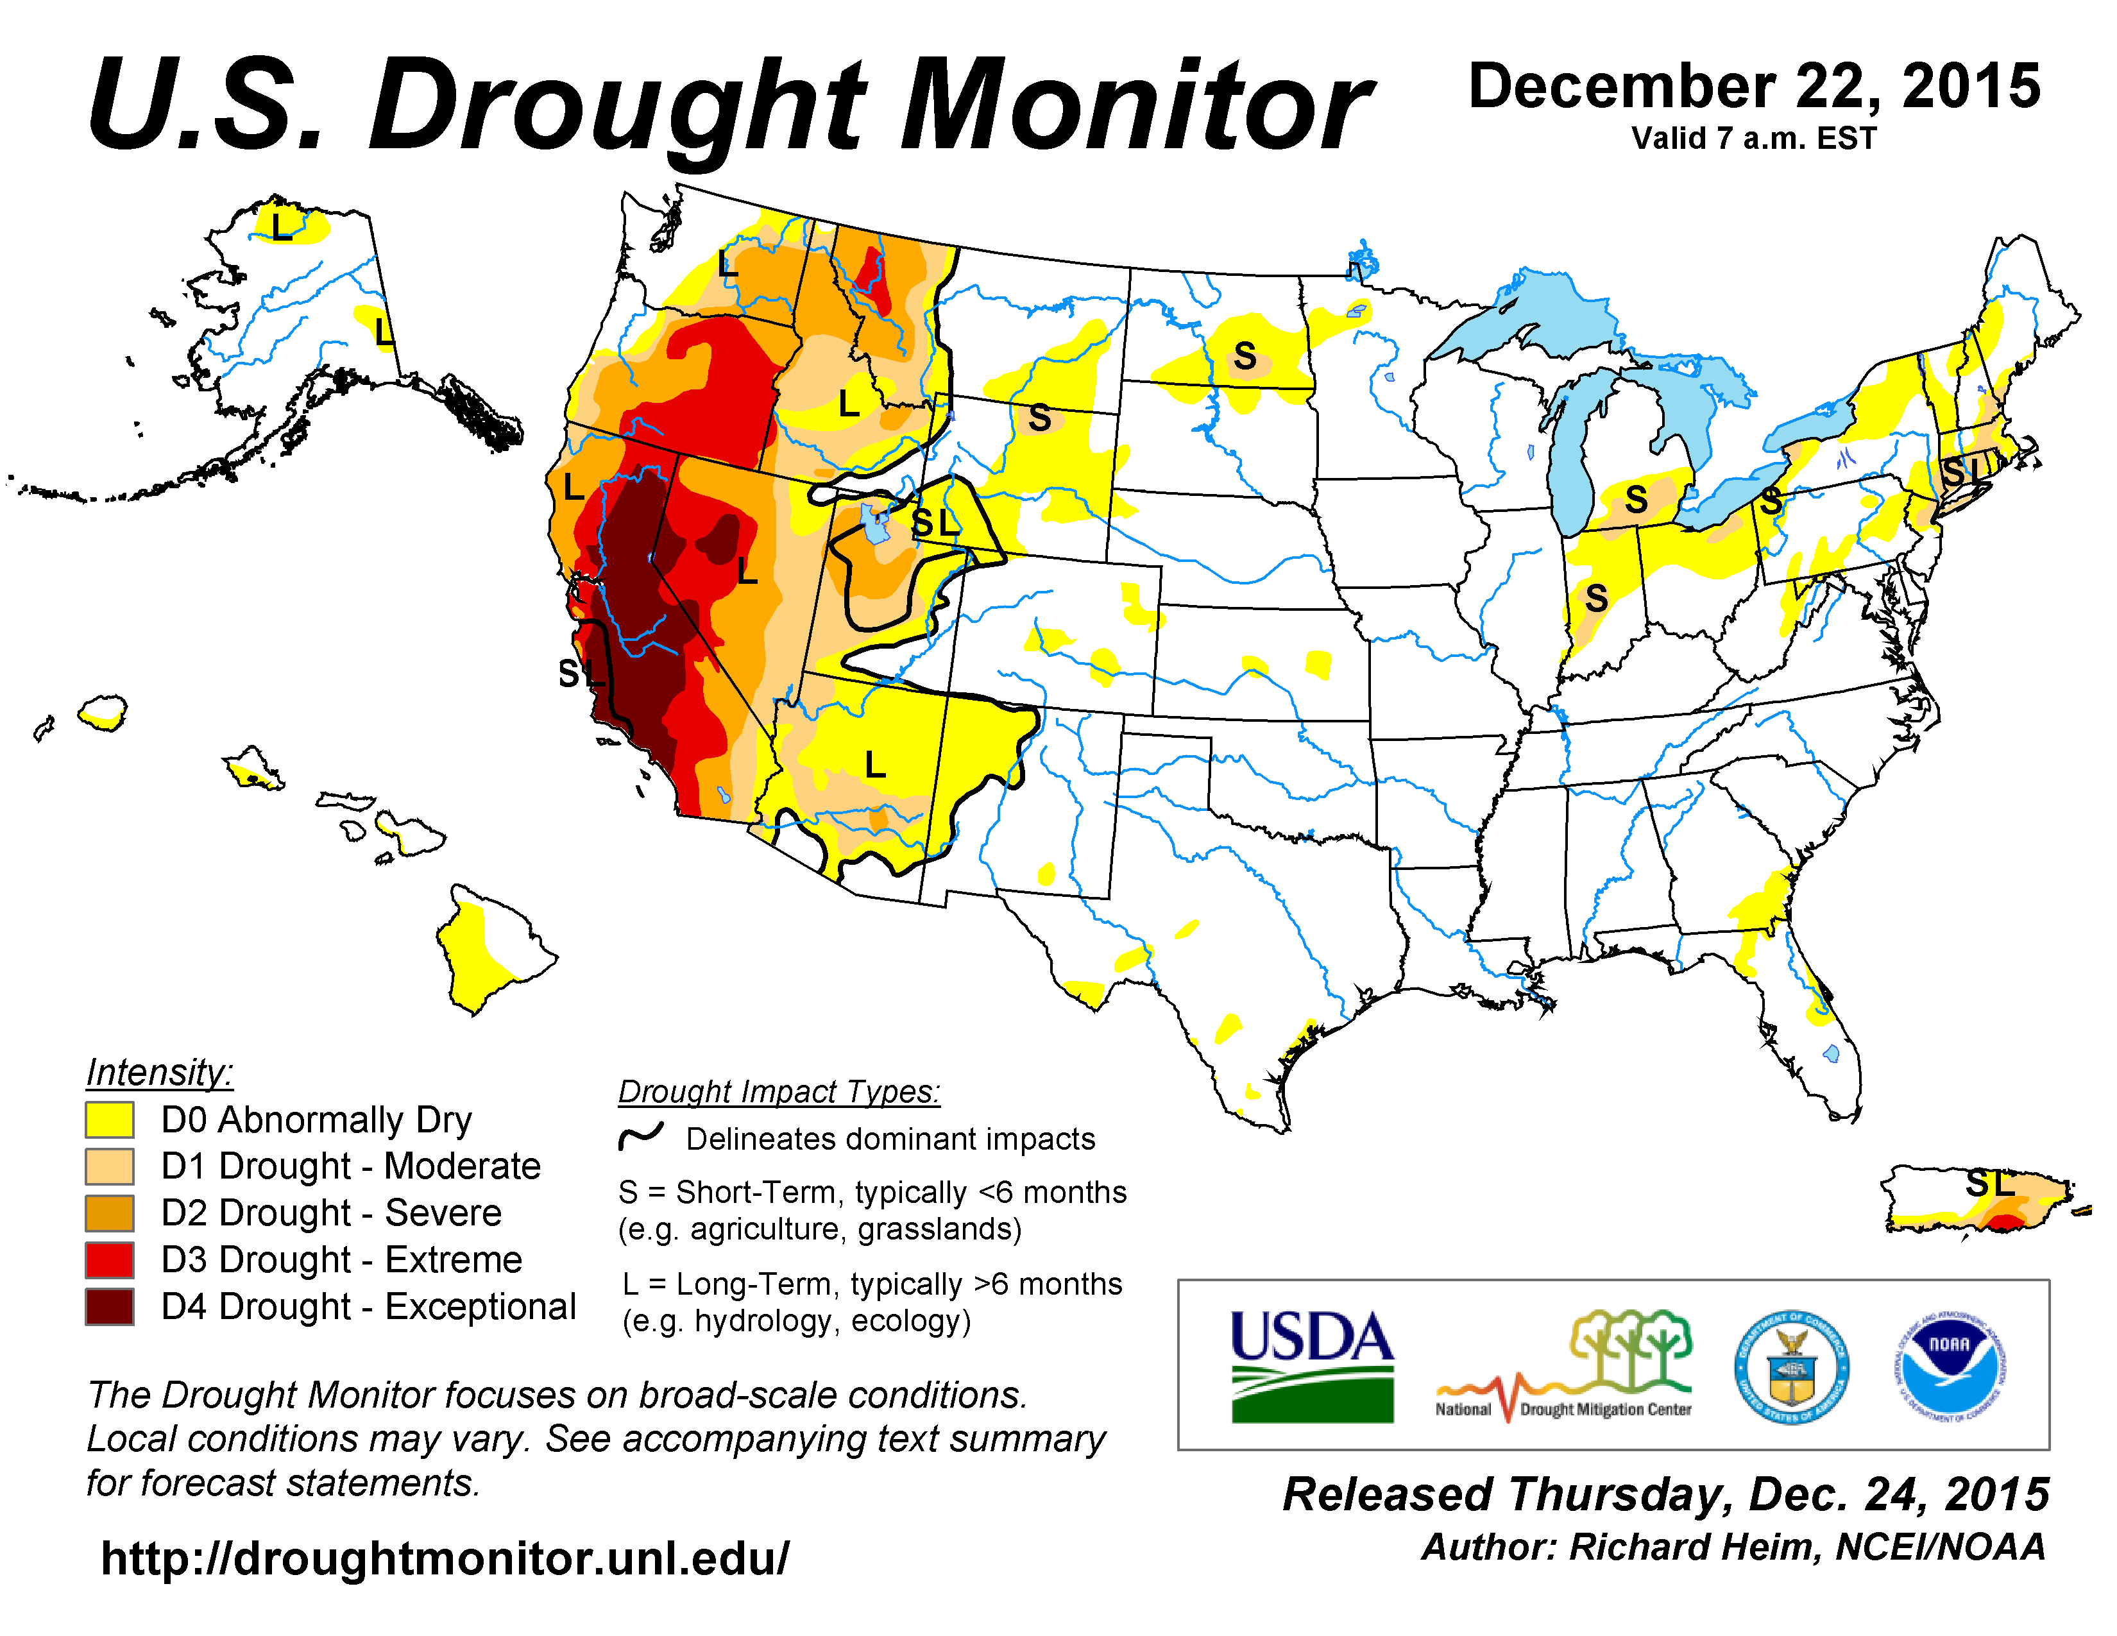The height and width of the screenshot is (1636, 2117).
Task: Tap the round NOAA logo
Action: (1950, 1367)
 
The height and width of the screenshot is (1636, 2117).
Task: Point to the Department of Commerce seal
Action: (1791, 1367)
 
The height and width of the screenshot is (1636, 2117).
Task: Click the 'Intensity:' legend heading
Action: (160, 1072)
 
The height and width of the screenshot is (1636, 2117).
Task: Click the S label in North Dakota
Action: (1246, 357)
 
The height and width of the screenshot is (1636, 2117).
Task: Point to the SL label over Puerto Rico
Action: (1990, 1184)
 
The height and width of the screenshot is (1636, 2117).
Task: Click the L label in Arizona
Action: (875, 765)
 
